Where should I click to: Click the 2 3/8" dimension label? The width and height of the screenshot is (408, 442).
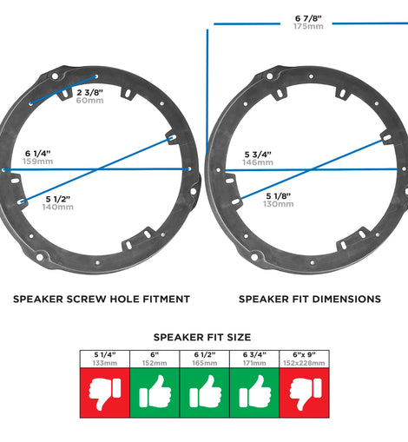tap(89, 93)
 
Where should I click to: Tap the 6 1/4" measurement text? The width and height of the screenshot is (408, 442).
tap(37, 154)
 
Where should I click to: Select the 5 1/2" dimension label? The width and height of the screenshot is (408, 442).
tap(58, 199)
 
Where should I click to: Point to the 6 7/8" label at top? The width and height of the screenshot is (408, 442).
tap(308, 18)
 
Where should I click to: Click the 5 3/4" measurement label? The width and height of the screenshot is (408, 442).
tap(258, 155)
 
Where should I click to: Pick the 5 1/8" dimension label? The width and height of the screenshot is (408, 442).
tap(279, 196)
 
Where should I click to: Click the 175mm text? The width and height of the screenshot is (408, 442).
tap(308, 26)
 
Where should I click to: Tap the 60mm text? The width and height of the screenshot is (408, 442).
tap(89, 101)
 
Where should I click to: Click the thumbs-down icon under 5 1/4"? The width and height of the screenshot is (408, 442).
tap(105, 393)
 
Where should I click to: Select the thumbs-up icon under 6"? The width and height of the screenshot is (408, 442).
tap(155, 392)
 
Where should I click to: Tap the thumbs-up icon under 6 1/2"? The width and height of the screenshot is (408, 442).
tap(205, 392)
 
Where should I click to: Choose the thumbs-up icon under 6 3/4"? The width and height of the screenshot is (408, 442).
tap(255, 392)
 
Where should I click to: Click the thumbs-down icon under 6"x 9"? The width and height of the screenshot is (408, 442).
tap(306, 393)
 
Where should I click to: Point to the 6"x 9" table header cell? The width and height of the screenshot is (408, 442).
tap(304, 359)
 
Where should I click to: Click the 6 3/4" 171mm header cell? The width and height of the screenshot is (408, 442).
tap(254, 359)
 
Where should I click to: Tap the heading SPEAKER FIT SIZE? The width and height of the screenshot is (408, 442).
tap(202, 337)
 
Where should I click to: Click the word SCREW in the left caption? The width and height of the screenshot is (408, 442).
tap(85, 299)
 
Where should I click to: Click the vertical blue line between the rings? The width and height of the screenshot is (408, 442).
tap(207, 91)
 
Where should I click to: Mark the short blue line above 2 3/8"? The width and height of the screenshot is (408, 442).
tap(63, 89)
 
